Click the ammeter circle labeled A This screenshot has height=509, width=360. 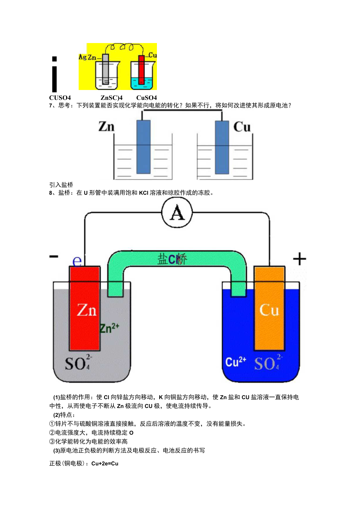(177, 213)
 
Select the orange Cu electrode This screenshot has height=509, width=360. (269, 309)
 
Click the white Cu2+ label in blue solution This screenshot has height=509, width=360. (236, 362)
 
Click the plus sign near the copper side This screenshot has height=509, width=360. (300, 259)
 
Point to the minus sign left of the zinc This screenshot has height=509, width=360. (54, 256)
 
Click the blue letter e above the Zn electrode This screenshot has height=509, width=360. (77, 261)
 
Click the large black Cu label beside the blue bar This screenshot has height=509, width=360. (242, 127)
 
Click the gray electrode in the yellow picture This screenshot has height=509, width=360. (106, 69)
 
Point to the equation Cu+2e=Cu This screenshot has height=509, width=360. (105, 464)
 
